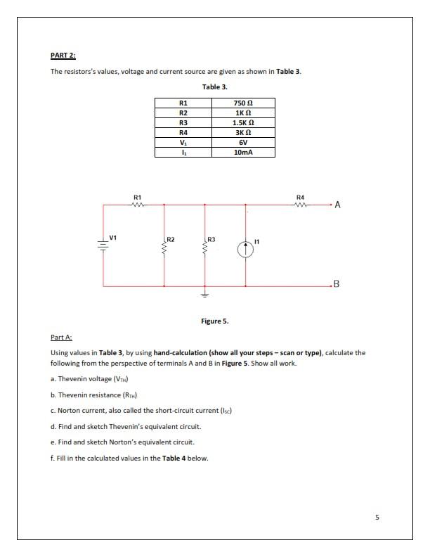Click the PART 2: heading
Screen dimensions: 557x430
[x=63, y=55]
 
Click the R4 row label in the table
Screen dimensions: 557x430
[x=183, y=132]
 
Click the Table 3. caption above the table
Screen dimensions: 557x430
[x=214, y=87]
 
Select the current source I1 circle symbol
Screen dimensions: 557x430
[x=245, y=250]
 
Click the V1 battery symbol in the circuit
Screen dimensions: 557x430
[x=103, y=245]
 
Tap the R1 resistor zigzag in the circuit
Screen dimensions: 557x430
[x=138, y=205]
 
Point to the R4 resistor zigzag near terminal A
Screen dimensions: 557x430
[x=300, y=205]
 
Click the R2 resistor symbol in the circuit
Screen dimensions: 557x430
[x=164, y=248]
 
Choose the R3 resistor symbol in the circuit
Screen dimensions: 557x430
[x=205, y=248]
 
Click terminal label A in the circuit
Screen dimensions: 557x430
[x=338, y=205]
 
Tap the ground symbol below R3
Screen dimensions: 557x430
[x=205, y=296]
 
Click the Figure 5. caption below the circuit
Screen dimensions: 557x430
[x=214, y=321]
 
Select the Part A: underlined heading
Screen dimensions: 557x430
[x=61, y=338]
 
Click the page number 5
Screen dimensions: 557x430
[x=377, y=518]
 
